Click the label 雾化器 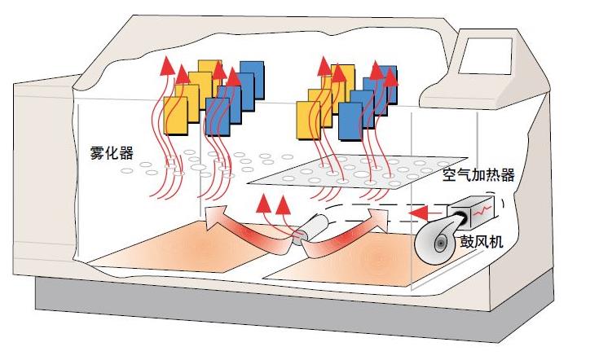point(114,151)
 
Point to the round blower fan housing point(438,241)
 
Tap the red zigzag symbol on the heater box point(481,211)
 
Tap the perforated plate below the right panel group point(359,170)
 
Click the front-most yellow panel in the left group point(176,115)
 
